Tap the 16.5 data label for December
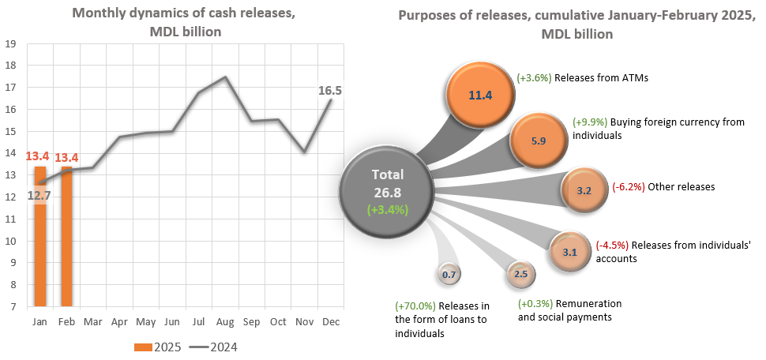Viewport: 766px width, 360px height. point(329,91)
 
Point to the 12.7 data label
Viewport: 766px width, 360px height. point(39,195)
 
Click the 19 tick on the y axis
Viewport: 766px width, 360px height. point(12,44)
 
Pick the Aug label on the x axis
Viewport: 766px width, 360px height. point(225,322)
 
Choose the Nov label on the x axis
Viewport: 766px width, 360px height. point(304,322)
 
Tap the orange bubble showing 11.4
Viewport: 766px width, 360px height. point(479,96)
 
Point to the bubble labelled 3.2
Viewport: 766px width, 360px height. point(584,190)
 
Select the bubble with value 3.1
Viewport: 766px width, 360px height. point(569,252)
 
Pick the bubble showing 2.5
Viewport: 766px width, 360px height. point(520,274)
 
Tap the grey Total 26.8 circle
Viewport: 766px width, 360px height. point(386,190)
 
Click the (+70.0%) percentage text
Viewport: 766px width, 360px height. point(415,306)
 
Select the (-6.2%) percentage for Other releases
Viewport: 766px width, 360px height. point(629,187)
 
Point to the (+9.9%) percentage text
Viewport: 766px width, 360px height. point(589,122)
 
